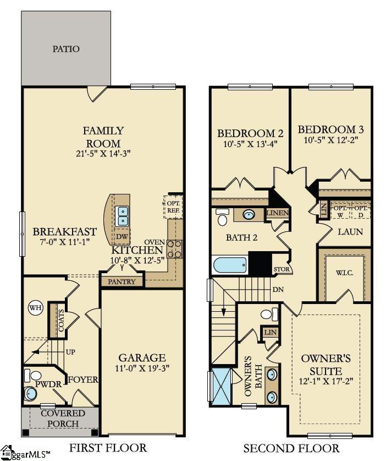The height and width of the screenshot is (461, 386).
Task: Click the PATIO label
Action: pyautogui.click(x=66, y=49)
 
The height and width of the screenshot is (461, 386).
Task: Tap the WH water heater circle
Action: pyautogui.click(x=35, y=307)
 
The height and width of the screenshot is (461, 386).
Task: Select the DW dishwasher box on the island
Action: pyautogui.click(x=120, y=237)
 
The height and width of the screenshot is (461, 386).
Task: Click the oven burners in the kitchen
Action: pyautogui.click(x=174, y=249)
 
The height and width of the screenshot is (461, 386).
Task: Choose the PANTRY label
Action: pyautogui.click(x=122, y=281)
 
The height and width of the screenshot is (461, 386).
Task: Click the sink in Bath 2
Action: pyautogui.click(x=249, y=215)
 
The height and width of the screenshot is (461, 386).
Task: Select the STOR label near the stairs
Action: pyautogui.click(x=281, y=269)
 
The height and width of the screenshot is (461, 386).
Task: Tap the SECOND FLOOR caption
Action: pyautogui.click(x=291, y=448)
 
